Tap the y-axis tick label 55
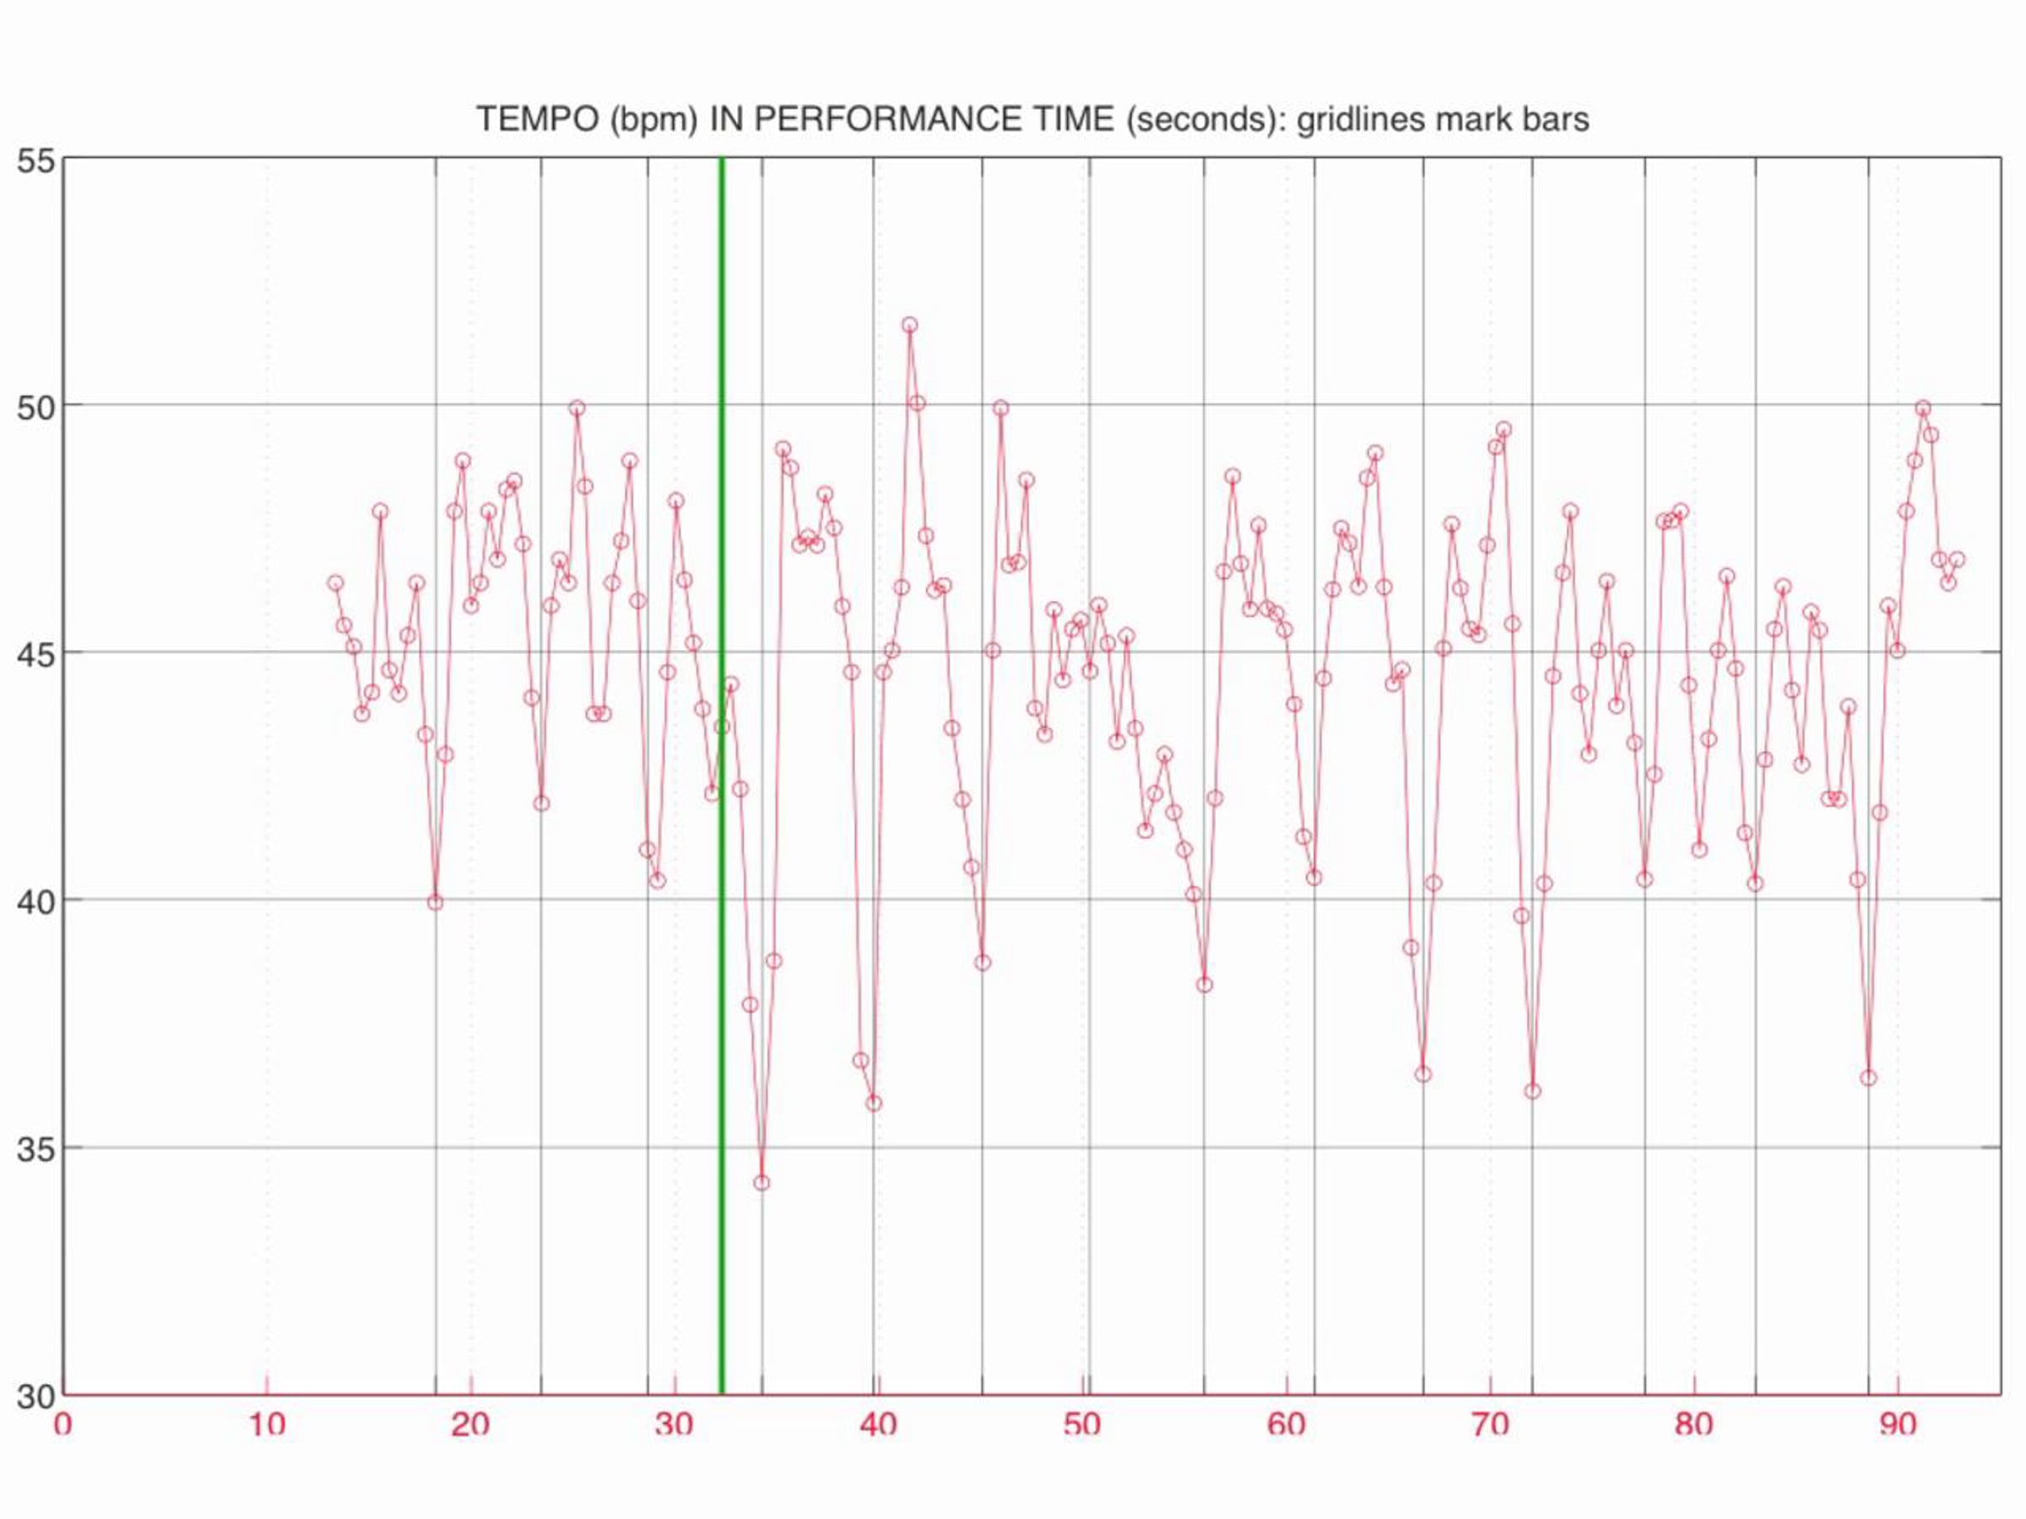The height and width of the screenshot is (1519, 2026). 36,159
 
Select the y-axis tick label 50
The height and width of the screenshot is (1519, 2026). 36,407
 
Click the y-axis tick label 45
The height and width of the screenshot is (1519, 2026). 36,654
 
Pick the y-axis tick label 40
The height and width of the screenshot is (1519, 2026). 36,901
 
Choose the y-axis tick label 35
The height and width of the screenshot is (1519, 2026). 36,1149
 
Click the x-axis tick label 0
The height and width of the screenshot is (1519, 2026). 62,1424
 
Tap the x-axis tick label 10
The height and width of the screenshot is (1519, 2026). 266,1424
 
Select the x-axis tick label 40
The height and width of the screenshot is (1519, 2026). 877,1424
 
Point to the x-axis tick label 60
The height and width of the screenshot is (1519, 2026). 1286,1424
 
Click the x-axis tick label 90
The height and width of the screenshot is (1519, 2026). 1897,1424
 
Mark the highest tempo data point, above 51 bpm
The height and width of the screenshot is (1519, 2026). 909,325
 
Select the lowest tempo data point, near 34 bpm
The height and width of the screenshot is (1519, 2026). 761,1183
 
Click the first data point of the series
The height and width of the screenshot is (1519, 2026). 335,583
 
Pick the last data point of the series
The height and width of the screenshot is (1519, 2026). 1957,559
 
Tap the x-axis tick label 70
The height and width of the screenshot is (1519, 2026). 1490,1424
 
